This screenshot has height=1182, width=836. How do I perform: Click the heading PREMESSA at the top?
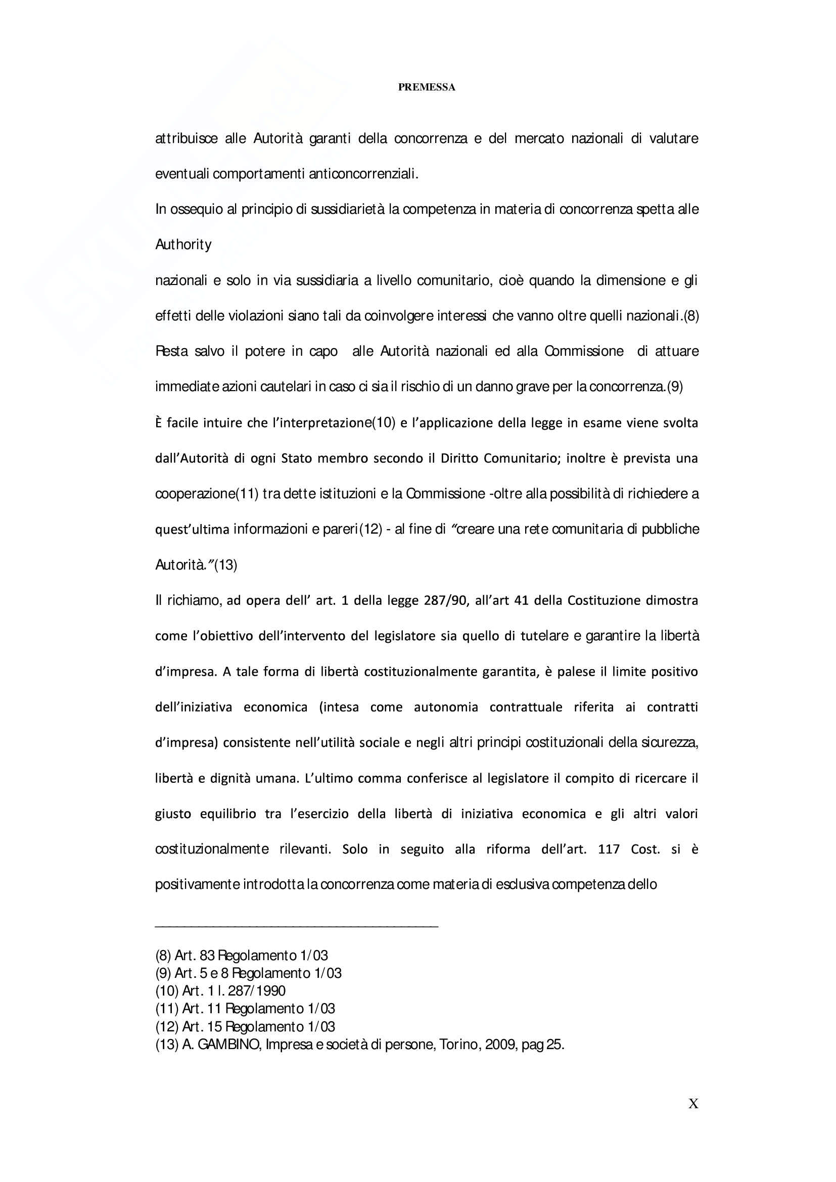click(x=426, y=87)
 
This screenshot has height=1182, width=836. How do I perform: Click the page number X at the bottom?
click(x=693, y=1104)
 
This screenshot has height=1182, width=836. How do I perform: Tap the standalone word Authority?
click(x=183, y=245)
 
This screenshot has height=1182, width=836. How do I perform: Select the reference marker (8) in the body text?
click(x=691, y=315)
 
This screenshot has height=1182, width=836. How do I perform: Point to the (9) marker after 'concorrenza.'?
click(x=674, y=387)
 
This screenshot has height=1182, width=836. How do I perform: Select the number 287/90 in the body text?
click(x=447, y=600)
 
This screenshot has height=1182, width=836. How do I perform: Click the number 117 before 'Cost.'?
click(x=609, y=849)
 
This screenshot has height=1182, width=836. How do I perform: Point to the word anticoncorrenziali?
click(x=363, y=174)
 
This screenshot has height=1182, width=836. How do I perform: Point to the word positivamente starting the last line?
click(x=197, y=884)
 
